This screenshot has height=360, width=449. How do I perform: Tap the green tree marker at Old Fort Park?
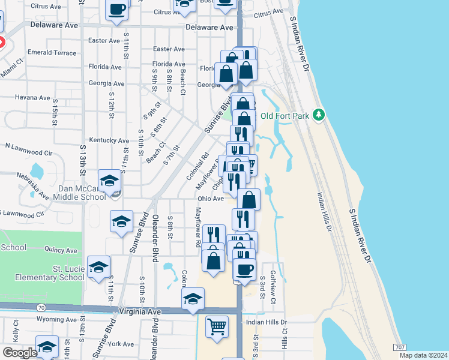[320, 115]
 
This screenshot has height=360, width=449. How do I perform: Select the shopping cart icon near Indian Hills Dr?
[217, 326]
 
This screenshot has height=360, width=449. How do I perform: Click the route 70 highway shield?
[41, 308]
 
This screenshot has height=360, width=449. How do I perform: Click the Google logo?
[19, 352]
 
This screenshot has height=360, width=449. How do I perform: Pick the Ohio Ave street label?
[210, 198]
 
